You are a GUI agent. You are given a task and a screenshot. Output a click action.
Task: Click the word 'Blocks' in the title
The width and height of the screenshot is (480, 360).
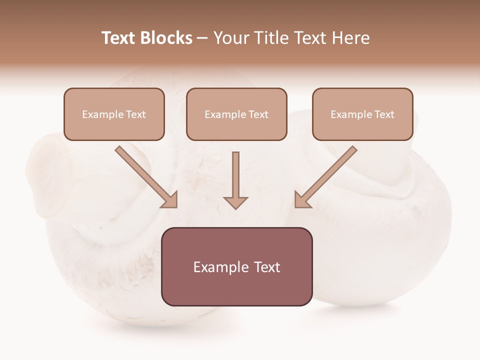(166, 38)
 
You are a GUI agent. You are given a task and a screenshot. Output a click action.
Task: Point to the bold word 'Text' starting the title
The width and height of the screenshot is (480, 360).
(119, 38)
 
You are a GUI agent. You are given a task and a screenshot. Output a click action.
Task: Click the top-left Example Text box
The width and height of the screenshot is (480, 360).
(114, 114)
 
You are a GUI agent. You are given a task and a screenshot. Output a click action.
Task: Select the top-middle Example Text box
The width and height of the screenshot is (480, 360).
(236, 114)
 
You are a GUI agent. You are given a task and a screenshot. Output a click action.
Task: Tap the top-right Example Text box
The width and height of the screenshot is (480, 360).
(362, 114)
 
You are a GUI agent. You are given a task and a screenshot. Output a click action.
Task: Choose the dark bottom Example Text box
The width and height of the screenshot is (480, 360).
(236, 266)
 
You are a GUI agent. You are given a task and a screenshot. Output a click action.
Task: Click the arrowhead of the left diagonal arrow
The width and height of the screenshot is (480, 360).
(170, 200)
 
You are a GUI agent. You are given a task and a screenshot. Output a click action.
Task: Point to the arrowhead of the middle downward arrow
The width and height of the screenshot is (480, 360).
(235, 202)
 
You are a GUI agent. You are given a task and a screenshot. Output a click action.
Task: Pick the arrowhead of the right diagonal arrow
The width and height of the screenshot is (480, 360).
(302, 200)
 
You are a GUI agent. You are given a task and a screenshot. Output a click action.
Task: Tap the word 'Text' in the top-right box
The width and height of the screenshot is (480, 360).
(384, 114)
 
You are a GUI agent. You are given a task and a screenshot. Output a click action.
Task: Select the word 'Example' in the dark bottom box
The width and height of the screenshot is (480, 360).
(220, 267)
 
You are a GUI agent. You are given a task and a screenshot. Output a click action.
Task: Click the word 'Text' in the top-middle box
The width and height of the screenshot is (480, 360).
(258, 114)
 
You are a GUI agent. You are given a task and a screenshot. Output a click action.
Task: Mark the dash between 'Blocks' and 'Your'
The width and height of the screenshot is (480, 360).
(202, 38)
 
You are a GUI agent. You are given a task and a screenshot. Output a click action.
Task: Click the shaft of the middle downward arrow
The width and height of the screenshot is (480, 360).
(235, 172)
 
